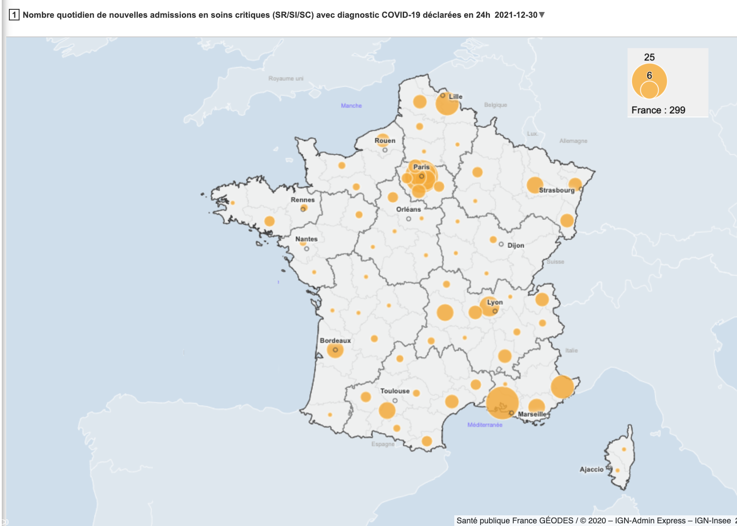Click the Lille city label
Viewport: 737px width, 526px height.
point(456,96)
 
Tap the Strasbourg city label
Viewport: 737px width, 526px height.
point(557,190)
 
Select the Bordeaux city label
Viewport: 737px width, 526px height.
point(335,341)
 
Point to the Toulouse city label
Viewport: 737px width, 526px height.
point(395,391)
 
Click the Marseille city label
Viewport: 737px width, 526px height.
point(532,414)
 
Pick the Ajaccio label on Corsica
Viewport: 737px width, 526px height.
point(592,469)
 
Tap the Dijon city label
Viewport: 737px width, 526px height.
point(516,245)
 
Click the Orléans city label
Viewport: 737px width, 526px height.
point(409,209)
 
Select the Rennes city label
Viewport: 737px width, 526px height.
point(303,200)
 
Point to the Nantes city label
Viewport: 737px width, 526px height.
point(306,239)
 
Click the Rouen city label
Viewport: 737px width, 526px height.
point(385,141)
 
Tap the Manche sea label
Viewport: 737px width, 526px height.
point(351,106)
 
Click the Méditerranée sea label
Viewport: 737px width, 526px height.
point(485,425)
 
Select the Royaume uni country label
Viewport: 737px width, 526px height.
point(286,79)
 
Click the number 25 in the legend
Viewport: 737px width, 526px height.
point(649,57)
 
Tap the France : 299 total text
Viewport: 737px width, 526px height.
point(658,110)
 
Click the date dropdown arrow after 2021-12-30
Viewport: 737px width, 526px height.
point(542,15)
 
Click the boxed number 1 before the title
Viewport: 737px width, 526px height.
point(14,15)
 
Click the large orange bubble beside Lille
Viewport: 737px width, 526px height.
point(447,105)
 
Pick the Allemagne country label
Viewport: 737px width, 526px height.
point(573,141)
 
